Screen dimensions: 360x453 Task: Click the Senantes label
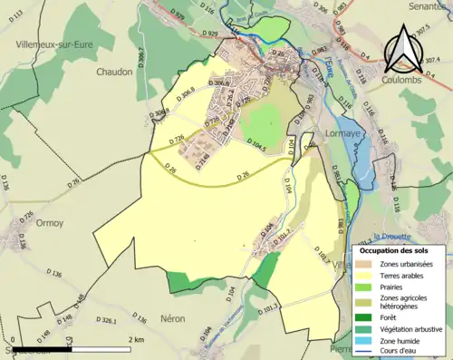pos(429,5)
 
